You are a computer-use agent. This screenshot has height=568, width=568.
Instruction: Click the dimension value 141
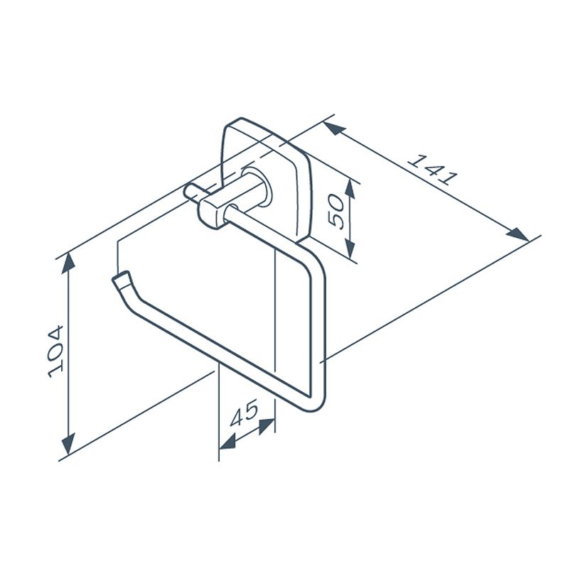[x=433, y=170]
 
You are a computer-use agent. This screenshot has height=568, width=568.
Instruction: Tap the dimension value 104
[x=56, y=352]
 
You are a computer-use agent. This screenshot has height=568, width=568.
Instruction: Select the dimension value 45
[x=244, y=413]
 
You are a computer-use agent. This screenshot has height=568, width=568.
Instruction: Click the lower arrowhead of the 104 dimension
[x=68, y=444]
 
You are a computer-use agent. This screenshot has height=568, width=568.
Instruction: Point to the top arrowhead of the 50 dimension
[x=350, y=188]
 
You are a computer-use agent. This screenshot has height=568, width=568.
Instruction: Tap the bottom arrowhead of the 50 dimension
[x=350, y=248]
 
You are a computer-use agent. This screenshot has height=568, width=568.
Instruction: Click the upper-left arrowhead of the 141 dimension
[x=333, y=129]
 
